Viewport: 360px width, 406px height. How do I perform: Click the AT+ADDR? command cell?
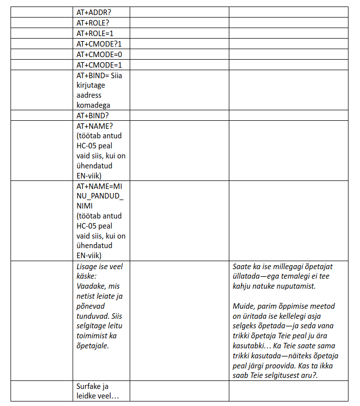tap(95, 13)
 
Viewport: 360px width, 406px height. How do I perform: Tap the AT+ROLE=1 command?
tap(95, 34)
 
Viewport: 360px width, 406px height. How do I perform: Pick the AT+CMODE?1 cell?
tap(99, 44)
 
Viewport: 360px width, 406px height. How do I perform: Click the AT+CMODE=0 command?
tap(99, 55)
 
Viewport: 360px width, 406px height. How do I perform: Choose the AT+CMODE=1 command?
tap(99, 65)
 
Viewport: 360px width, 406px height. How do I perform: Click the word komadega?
tap(93, 105)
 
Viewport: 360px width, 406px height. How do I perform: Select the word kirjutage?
tap(91, 85)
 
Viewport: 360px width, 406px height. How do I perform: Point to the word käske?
tap(87, 276)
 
